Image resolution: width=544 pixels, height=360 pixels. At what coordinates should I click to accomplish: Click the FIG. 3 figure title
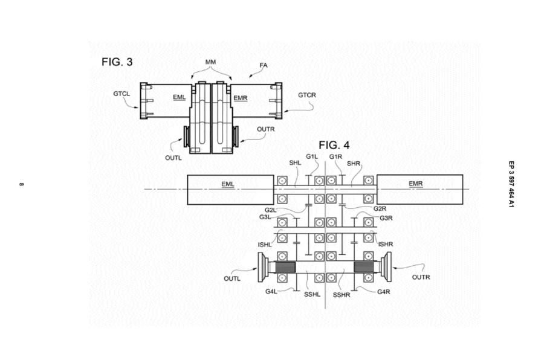point(117,62)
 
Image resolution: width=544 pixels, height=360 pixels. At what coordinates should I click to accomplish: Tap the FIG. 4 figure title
point(334,145)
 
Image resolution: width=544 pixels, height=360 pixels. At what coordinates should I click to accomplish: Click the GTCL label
point(121,94)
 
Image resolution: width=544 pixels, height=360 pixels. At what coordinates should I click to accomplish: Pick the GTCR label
point(306,95)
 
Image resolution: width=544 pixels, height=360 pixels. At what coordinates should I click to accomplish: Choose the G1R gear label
point(336,157)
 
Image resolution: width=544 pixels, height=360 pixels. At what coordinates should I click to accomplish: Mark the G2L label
point(271,210)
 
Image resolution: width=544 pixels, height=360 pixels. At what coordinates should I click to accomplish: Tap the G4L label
point(271,292)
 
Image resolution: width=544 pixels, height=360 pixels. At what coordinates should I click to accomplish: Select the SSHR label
point(342,295)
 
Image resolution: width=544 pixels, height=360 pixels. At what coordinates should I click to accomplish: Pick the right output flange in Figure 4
point(385,266)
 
